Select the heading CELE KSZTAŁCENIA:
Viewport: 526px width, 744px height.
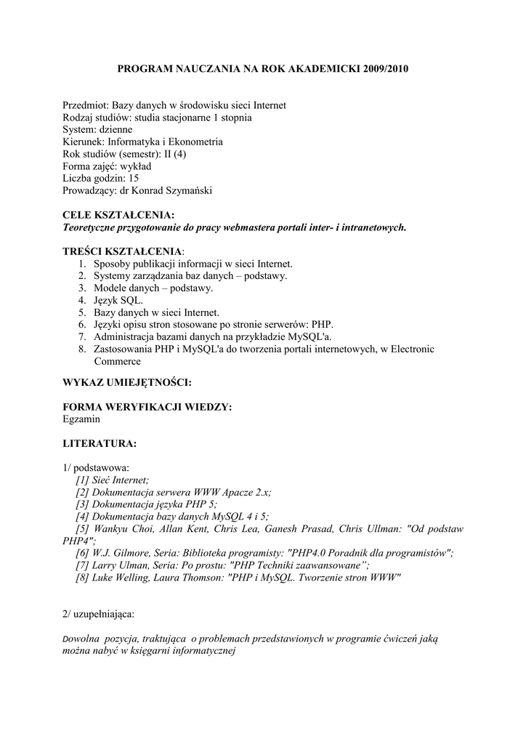click(118, 215)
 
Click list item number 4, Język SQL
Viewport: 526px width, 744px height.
click(118, 300)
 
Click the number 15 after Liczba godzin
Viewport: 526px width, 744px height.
click(133, 179)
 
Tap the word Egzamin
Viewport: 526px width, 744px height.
click(81, 419)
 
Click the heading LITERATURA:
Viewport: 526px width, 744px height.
click(100, 443)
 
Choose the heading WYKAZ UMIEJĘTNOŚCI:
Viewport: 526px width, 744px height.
click(127, 382)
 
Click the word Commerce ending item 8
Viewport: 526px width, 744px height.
click(119, 361)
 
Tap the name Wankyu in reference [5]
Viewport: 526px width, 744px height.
click(111, 529)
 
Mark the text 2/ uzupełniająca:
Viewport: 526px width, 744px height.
click(98, 614)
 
